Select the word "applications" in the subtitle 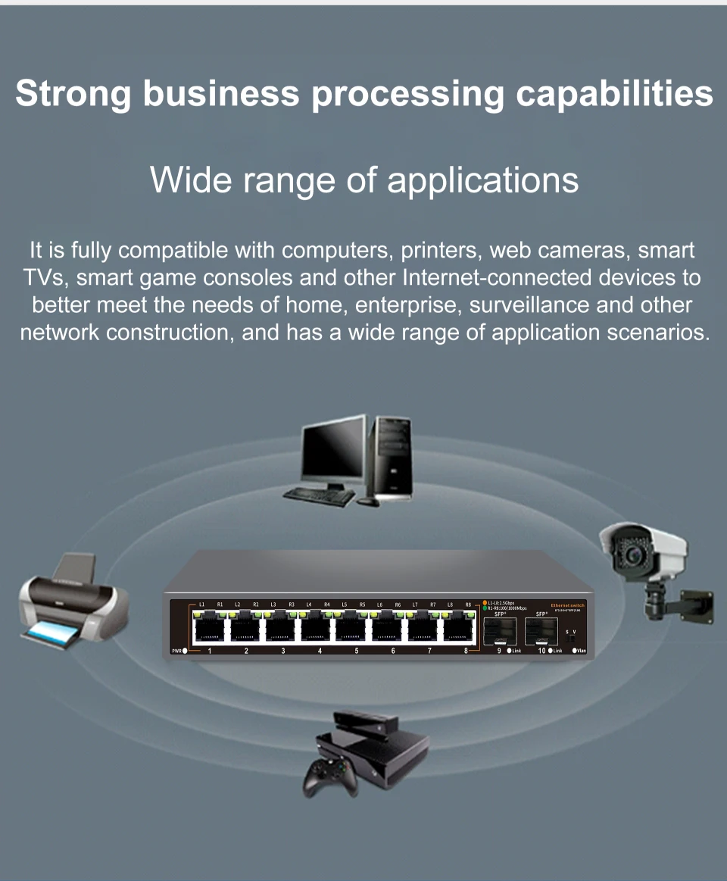coord(483,180)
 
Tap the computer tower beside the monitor coord(390,455)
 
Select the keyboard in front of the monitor coord(320,496)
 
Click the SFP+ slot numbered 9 coord(501,630)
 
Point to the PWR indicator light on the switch coord(186,651)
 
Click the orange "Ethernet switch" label coord(567,605)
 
